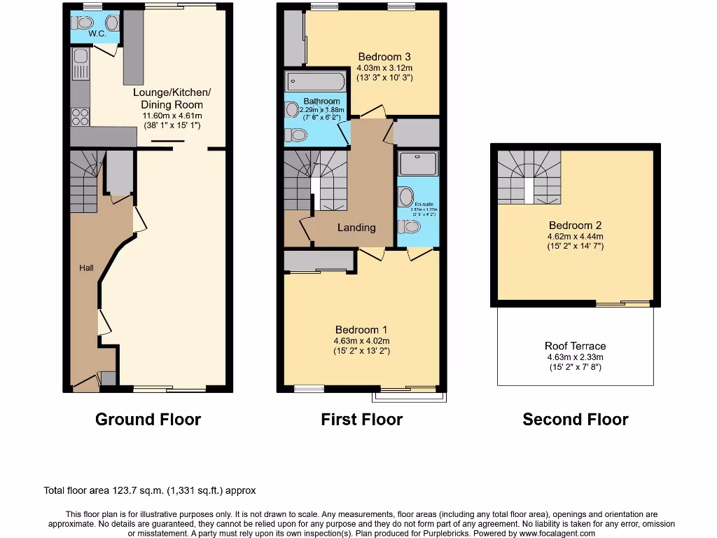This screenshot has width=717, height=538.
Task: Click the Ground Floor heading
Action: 148,420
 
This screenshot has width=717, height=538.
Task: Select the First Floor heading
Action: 361,420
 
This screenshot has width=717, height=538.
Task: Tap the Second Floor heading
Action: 575,420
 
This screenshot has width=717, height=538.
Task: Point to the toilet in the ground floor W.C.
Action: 78,20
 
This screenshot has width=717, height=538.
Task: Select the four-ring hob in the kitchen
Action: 80,116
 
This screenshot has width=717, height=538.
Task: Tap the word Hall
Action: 86,268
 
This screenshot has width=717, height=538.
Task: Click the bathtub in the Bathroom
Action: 315,83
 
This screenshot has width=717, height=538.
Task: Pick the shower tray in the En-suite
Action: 417,164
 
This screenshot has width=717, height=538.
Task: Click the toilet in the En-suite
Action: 411,226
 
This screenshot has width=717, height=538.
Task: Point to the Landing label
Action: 356,228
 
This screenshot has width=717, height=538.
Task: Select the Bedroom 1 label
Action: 361,330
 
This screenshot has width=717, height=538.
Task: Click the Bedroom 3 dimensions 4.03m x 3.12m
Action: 384,68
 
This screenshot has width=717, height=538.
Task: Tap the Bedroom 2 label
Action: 575,226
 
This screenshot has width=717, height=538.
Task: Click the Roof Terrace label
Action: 575,346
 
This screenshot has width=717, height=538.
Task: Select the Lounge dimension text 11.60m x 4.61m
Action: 172,116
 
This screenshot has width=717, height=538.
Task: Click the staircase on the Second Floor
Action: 529,178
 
